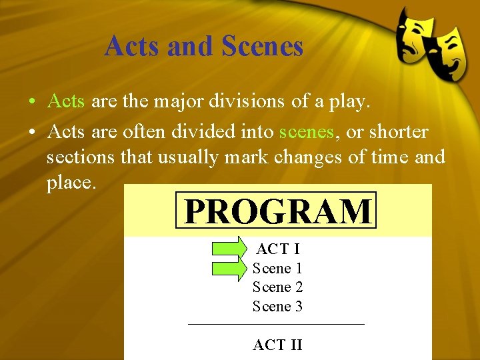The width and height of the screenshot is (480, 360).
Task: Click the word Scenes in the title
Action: [x=262, y=47]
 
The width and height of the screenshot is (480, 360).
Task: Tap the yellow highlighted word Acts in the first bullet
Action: [x=66, y=101]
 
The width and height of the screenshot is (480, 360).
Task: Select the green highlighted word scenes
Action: [x=307, y=131]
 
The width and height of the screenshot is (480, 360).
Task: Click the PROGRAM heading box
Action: [x=276, y=211]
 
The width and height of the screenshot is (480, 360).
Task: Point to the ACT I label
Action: [x=278, y=249]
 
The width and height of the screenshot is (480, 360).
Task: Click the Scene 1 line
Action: [x=277, y=268]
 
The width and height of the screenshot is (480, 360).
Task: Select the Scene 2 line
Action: [x=277, y=287]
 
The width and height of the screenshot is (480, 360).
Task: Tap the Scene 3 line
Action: [x=277, y=306]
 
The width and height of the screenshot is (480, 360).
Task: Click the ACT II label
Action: [x=277, y=345]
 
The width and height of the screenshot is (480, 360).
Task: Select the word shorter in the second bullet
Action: [x=398, y=131]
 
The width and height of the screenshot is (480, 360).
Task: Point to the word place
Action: [x=72, y=183]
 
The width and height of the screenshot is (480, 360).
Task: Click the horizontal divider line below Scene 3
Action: [x=276, y=324]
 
